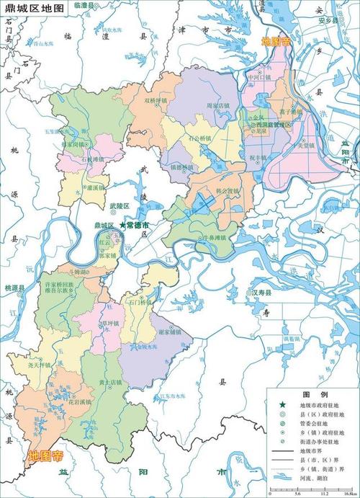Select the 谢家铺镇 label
[x=168, y=332]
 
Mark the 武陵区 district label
[x=117, y=206]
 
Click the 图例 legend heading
[x=315, y=395]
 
